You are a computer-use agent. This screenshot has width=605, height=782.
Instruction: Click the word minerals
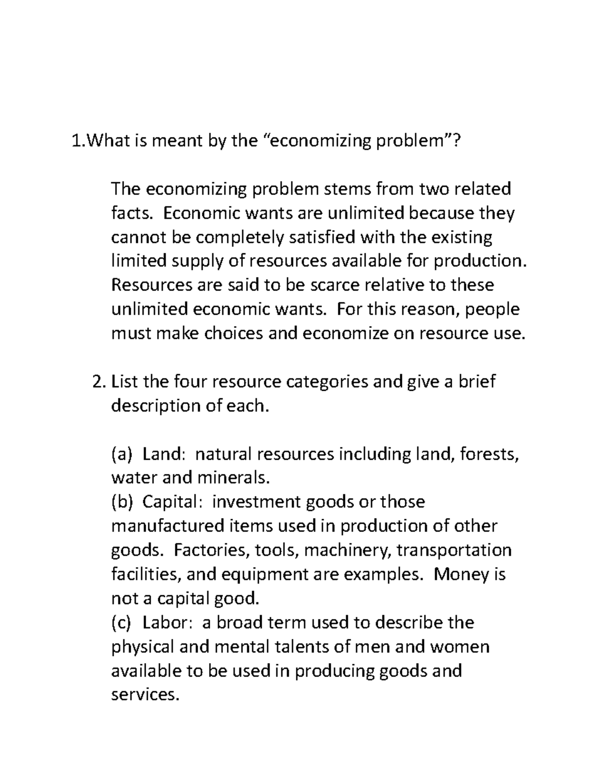(x=235, y=477)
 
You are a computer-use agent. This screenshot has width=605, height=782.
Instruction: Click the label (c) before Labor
(x=121, y=623)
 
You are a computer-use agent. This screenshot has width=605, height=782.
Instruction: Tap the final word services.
(x=145, y=695)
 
